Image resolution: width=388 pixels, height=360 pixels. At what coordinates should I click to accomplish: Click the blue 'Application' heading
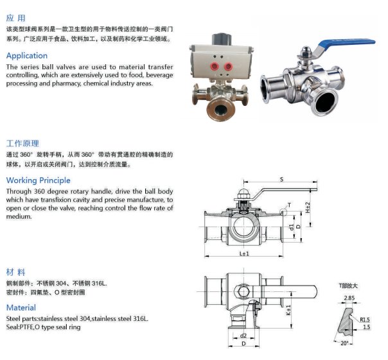pos(27,56)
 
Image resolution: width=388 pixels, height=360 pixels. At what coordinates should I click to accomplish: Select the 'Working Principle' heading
pos(38,180)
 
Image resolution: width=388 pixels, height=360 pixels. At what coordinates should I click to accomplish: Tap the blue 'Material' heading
pos(21,307)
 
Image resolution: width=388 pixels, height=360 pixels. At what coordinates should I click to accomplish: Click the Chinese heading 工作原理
pos(22,143)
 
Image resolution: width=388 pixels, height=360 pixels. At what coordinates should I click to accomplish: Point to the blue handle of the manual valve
pos(346,43)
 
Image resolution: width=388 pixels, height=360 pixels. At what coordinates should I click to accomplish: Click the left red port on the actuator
pos(215,66)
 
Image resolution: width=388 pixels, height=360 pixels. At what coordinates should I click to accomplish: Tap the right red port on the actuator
pos(228,66)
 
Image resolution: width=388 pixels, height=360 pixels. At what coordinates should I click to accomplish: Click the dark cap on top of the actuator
pos(222,39)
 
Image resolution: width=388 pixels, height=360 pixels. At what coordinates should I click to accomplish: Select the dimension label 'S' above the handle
pos(281,180)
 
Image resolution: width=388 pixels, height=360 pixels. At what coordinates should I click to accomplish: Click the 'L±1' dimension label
pos(244,253)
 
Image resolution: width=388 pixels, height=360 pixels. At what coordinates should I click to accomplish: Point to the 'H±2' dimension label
pos(308,207)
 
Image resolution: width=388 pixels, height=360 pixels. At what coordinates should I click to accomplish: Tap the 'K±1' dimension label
pos(288,310)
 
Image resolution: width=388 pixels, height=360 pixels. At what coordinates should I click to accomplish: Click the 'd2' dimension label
pos(243,336)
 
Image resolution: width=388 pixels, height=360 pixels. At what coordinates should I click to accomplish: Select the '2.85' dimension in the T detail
pos(349,298)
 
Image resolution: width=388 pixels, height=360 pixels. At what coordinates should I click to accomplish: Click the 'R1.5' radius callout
pos(364,320)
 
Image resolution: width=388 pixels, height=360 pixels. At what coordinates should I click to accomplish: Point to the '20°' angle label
pos(344,343)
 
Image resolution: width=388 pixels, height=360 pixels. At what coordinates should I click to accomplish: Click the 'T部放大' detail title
pos(348,286)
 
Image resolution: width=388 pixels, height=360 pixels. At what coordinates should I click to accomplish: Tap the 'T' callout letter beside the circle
pos(289,205)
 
